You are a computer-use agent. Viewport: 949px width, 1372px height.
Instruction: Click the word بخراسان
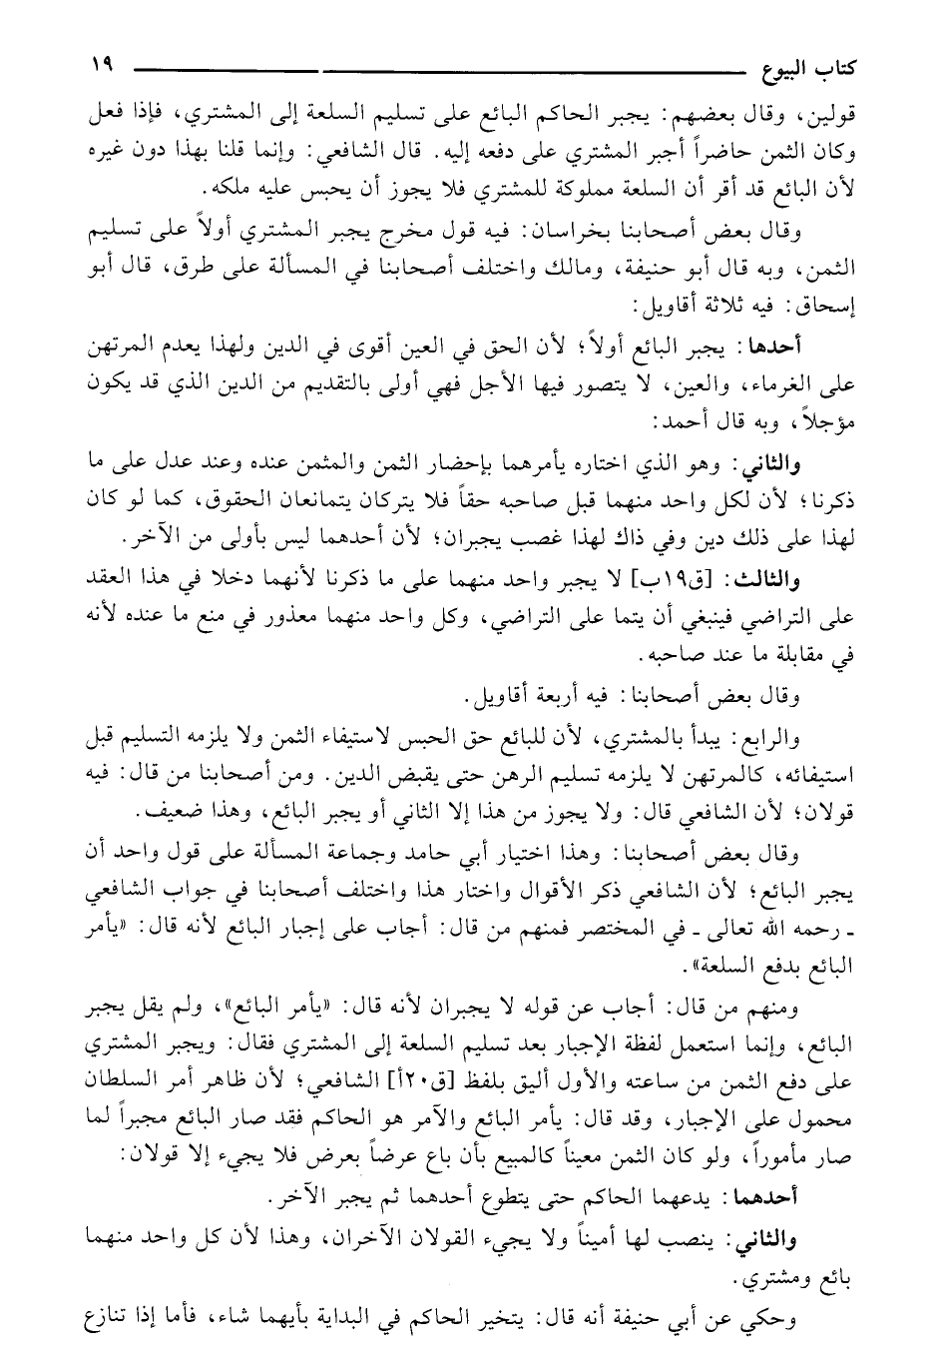(x=570, y=236)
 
